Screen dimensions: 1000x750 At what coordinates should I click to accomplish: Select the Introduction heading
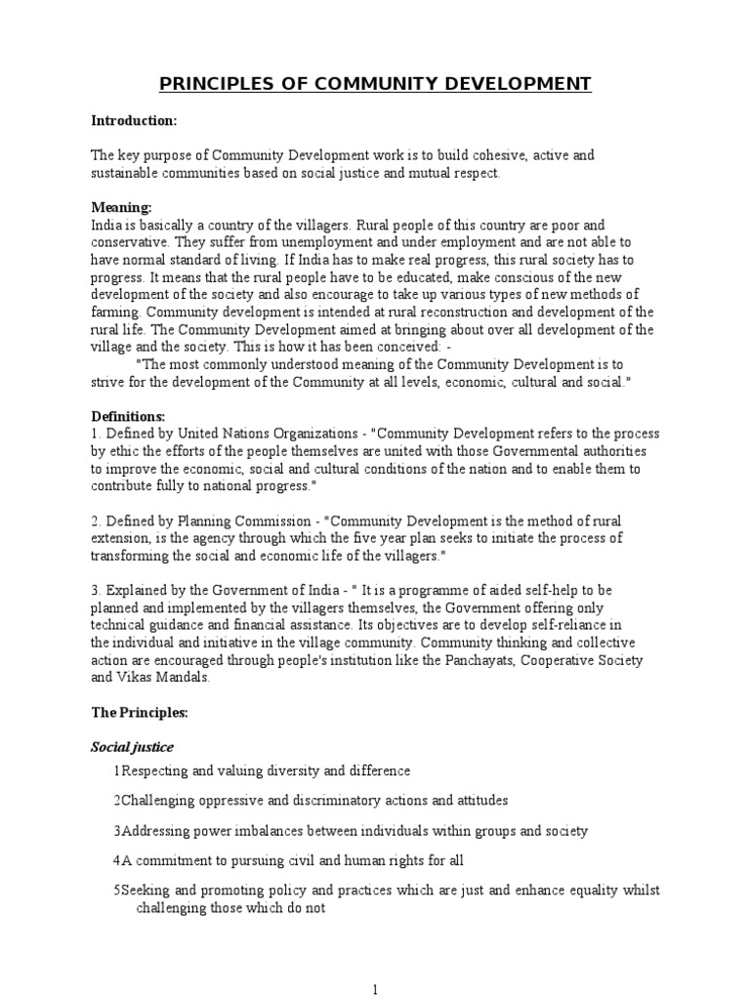134,120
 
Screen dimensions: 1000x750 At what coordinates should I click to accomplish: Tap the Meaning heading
121,208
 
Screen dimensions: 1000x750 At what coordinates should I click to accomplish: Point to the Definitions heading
128,417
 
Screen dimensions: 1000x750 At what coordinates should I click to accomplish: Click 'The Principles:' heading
139,713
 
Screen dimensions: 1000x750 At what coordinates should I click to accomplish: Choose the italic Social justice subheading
132,747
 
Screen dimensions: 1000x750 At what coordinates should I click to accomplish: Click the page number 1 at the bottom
375,988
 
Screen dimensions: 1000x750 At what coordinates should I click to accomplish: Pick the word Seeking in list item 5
145,891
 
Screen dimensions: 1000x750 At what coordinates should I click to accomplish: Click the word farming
116,312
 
